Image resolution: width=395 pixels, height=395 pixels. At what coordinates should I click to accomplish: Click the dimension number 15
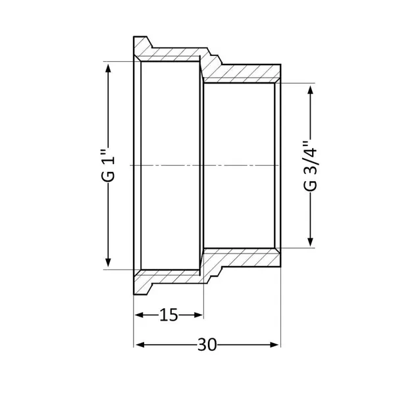[x=169, y=315]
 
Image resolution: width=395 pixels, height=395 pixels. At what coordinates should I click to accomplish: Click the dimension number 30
[x=207, y=344]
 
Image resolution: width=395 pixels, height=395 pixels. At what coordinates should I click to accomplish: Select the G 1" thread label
[x=108, y=165]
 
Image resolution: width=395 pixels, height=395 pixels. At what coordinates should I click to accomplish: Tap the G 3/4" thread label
[x=310, y=167]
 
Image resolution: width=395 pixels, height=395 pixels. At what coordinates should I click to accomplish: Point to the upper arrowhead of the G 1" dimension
[x=108, y=68]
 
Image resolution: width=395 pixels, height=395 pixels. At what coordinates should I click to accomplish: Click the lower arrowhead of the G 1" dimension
[x=108, y=262]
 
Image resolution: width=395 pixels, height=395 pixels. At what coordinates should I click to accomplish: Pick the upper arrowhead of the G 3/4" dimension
[x=310, y=90]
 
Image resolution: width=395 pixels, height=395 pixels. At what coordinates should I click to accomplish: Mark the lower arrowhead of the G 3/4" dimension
[x=310, y=242]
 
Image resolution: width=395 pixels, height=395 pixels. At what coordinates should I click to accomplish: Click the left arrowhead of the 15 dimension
[x=140, y=315]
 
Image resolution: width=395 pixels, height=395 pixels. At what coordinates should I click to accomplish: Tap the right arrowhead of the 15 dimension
[x=198, y=315]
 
